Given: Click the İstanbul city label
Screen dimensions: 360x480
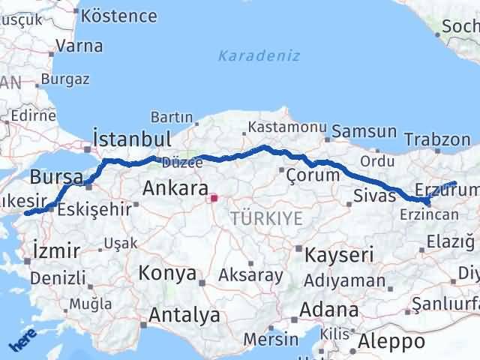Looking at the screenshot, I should [131, 139].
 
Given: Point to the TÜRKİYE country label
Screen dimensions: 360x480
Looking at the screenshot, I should [267, 218].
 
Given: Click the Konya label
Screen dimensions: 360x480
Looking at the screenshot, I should [166, 271].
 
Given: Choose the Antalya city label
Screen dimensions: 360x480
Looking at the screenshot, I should [184, 315].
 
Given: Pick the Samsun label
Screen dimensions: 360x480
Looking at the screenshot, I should [364, 132].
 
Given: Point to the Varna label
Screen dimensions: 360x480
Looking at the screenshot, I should [79, 46].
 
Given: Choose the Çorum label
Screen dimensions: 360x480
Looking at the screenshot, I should [313, 175].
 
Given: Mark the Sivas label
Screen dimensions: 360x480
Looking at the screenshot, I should [373, 196].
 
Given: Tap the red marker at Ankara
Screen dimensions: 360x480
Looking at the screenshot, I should [214, 199].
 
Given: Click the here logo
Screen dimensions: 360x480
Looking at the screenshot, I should [22, 341].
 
